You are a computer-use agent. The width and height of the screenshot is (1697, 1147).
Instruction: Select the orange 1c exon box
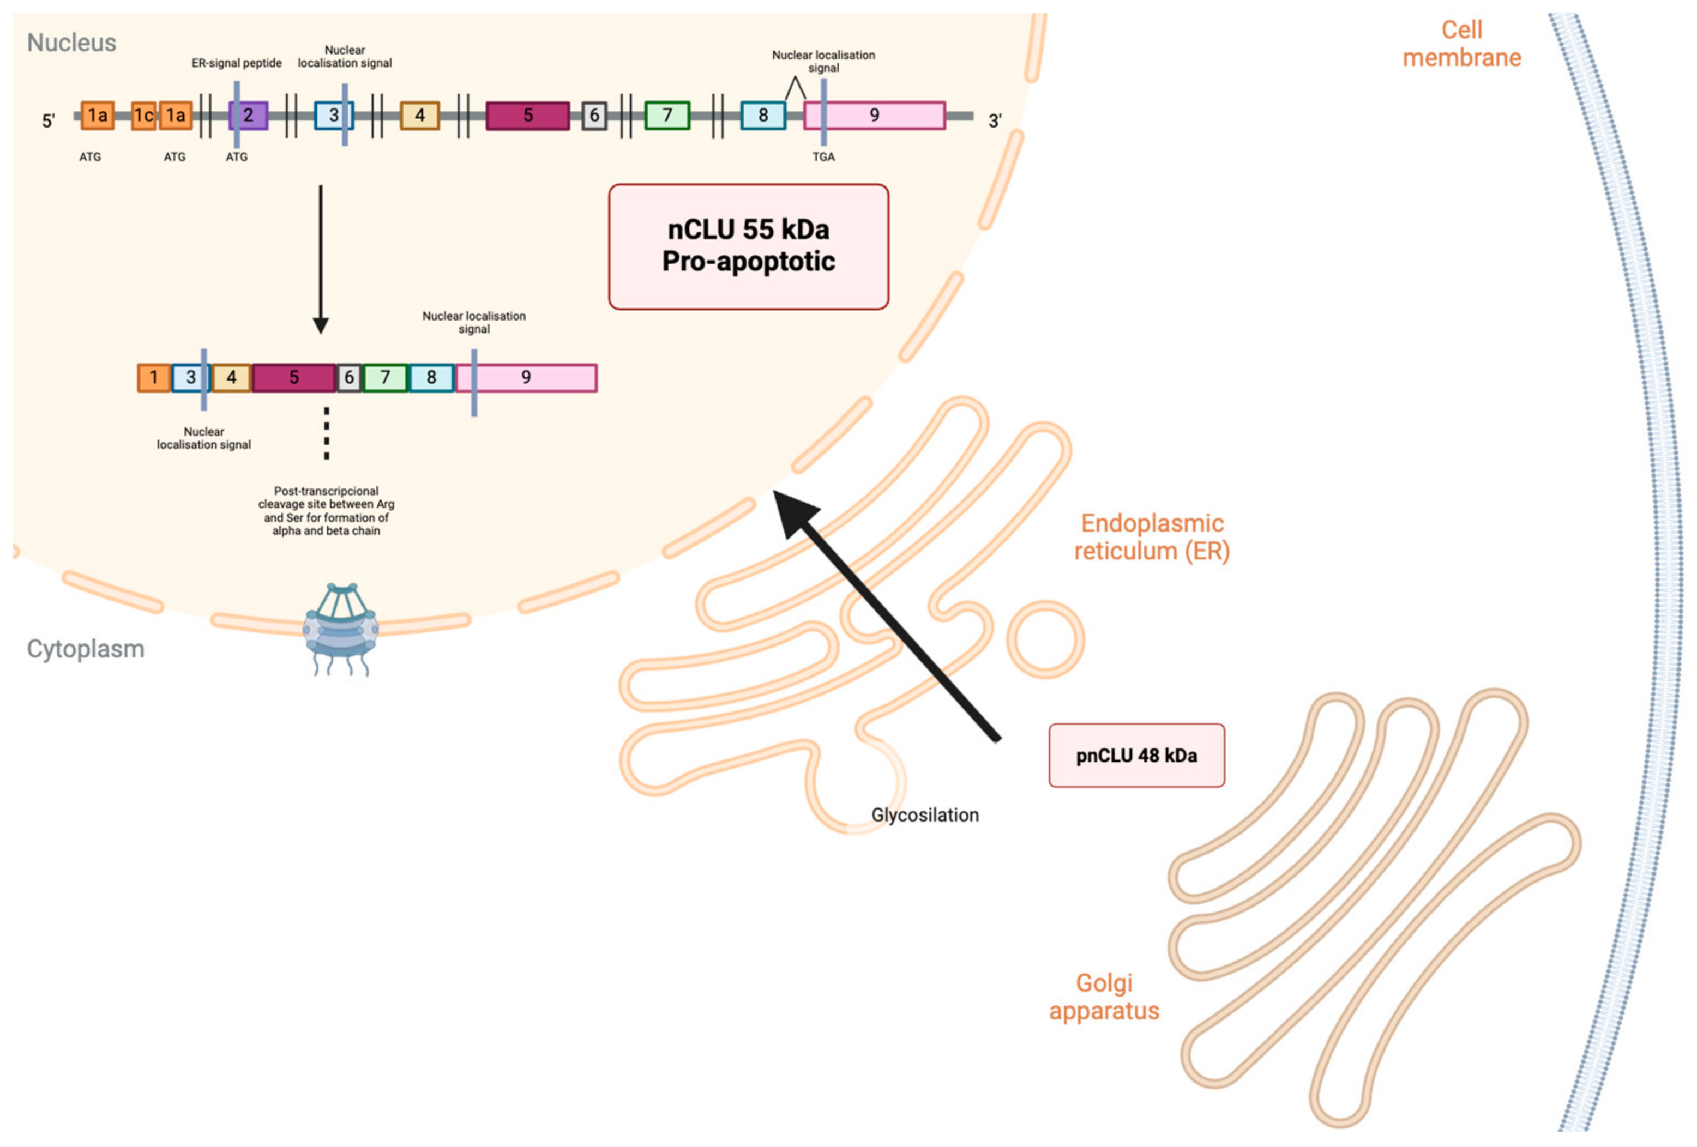[143, 116]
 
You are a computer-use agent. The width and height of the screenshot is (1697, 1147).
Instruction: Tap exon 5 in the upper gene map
[527, 116]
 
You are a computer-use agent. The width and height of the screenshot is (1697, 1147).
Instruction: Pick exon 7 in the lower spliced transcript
[385, 377]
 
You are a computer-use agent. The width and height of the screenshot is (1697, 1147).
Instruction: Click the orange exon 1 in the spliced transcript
[153, 377]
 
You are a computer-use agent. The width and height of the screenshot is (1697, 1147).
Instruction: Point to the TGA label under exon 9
[823, 157]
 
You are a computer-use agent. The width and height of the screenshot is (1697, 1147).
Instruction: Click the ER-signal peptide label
[236, 64]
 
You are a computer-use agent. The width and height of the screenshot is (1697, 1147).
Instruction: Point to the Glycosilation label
[924, 815]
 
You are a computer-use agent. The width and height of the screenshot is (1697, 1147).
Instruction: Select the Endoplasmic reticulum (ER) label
[1152, 536]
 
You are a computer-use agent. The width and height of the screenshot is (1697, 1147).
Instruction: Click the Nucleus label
[71, 43]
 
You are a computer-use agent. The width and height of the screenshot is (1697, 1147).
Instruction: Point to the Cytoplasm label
[86, 648]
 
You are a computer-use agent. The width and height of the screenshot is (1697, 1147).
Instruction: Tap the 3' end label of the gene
[995, 121]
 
